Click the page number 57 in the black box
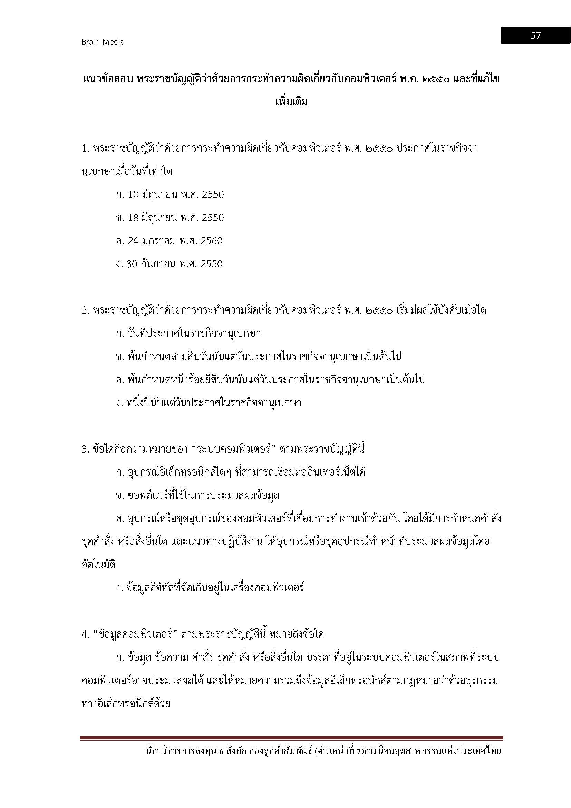point(535,35)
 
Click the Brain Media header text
point(103,42)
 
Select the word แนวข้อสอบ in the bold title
point(107,79)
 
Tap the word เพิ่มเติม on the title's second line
point(291,102)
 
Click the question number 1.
point(84,149)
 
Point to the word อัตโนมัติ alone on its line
point(98,565)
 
